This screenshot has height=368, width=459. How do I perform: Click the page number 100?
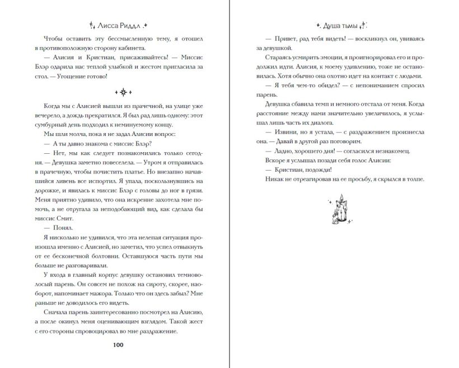(x=118, y=345)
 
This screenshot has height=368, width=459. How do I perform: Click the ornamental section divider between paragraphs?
(x=118, y=91)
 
